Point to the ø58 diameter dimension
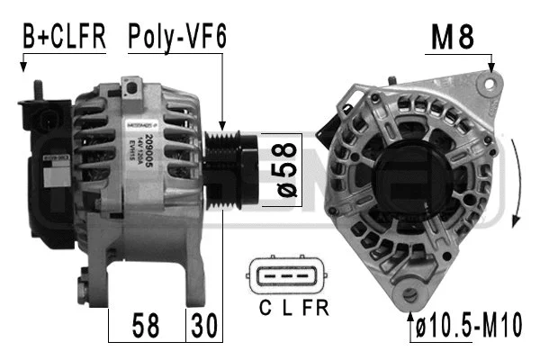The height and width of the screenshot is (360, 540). [280, 169]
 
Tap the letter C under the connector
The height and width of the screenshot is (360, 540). [265, 308]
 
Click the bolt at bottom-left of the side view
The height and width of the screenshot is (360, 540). [83, 289]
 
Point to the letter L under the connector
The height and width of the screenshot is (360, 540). [286, 308]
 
